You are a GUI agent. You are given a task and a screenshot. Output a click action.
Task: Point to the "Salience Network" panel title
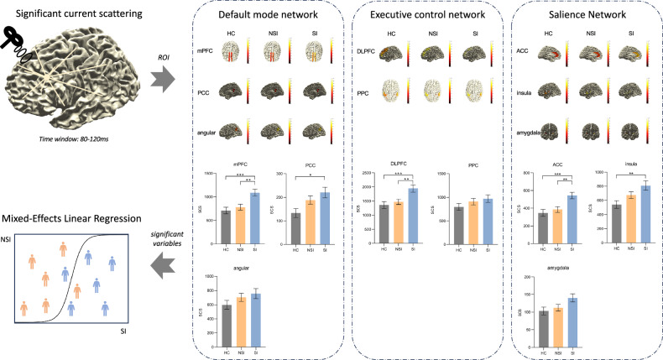(589, 16)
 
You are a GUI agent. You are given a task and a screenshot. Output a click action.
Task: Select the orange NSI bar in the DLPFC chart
(398, 216)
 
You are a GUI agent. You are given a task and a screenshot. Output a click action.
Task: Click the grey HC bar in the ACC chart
(543, 221)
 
